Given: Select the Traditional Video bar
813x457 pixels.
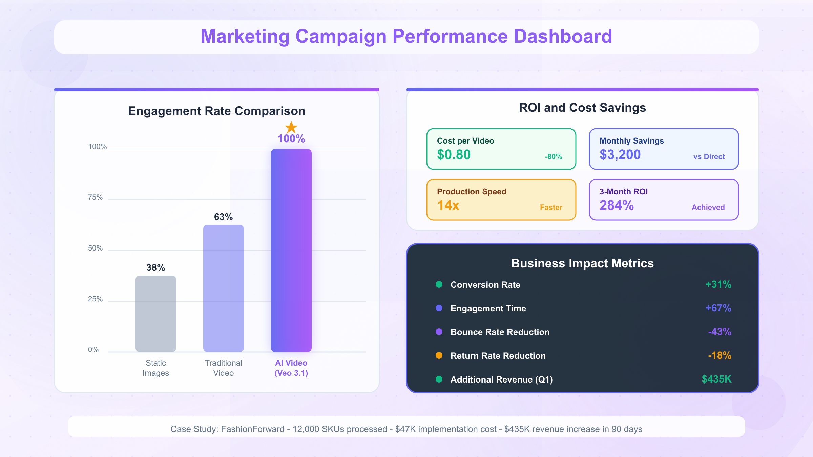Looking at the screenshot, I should [x=224, y=288].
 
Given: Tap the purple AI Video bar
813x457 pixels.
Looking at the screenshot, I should [x=291, y=251].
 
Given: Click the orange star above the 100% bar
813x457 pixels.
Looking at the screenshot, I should [x=291, y=128].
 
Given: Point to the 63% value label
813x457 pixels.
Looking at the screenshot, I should [x=223, y=217].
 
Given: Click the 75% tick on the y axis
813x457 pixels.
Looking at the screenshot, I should [x=95, y=197].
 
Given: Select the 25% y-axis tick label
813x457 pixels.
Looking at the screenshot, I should [x=95, y=299].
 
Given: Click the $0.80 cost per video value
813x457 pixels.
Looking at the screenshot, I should [x=454, y=155].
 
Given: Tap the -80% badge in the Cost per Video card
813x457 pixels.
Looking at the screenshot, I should [x=553, y=157].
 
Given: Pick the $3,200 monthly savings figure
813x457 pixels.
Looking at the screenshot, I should [x=620, y=155].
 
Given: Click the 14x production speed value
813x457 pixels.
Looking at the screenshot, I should [x=448, y=205].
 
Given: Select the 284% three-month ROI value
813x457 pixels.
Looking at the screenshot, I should [x=617, y=205].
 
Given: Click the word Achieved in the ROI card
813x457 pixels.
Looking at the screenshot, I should [x=708, y=208].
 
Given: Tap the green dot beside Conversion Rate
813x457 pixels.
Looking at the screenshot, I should [x=439, y=284].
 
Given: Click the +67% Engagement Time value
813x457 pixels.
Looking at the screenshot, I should [x=718, y=308].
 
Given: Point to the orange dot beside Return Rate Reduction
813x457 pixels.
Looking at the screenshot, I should [x=439, y=355].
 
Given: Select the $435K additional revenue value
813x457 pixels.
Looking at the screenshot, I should [x=716, y=379].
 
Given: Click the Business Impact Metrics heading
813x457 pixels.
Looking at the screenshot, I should [x=582, y=263].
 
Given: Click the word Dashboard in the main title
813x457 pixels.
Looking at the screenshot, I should [x=563, y=36].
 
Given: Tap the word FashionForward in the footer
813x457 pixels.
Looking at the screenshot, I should [x=252, y=429].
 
